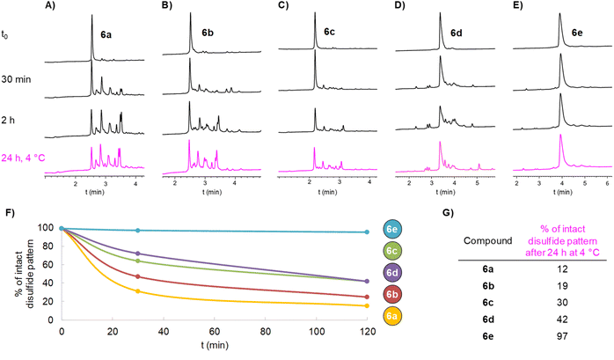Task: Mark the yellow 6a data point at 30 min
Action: [x=138, y=291]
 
